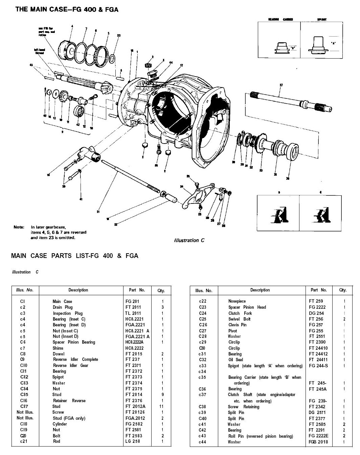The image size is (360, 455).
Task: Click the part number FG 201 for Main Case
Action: (132, 301)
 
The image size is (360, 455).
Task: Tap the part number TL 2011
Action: (133, 313)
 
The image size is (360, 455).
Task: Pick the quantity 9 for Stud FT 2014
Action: (163, 394)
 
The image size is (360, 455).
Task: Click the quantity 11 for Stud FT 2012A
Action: (163, 406)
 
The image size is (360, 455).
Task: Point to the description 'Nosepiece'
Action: (237, 301)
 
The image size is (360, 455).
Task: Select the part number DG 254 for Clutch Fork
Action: (316, 313)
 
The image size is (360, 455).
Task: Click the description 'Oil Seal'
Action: (235, 360)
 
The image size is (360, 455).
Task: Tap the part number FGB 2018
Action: (317, 442)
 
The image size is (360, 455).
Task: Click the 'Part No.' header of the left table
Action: (137, 290)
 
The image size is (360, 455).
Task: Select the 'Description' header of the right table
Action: (260, 290)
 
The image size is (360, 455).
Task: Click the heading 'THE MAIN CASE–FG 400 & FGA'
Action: (67, 9)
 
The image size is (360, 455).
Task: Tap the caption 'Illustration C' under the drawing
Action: (189, 240)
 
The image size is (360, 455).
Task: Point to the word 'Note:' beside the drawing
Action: (19, 227)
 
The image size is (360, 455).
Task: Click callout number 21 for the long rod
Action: (98, 212)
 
